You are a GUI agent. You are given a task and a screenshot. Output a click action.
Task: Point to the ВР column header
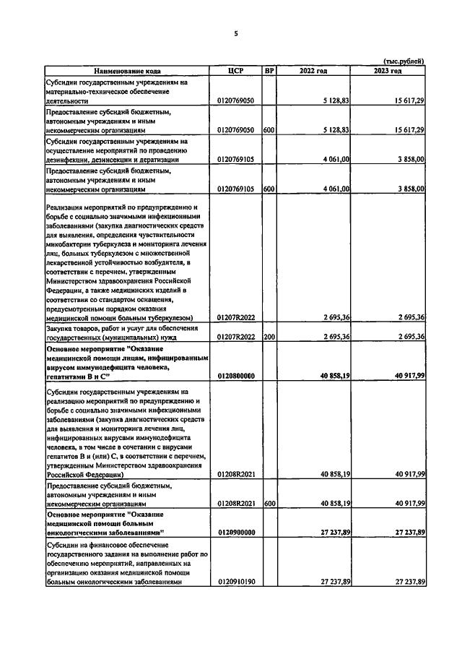click(269, 71)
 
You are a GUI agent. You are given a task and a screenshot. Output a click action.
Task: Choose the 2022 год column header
click(313, 71)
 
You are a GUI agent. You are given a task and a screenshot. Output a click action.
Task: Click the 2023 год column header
click(388, 71)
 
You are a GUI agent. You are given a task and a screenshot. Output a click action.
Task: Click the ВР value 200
click(269, 337)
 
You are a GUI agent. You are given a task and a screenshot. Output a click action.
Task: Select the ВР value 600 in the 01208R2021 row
click(269, 503)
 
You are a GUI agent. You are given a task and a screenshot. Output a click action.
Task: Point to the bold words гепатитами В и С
click(77, 377)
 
